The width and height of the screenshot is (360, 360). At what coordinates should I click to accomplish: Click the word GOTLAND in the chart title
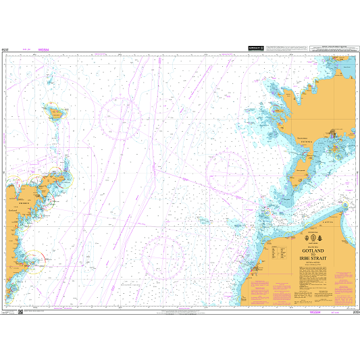(310, 251)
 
